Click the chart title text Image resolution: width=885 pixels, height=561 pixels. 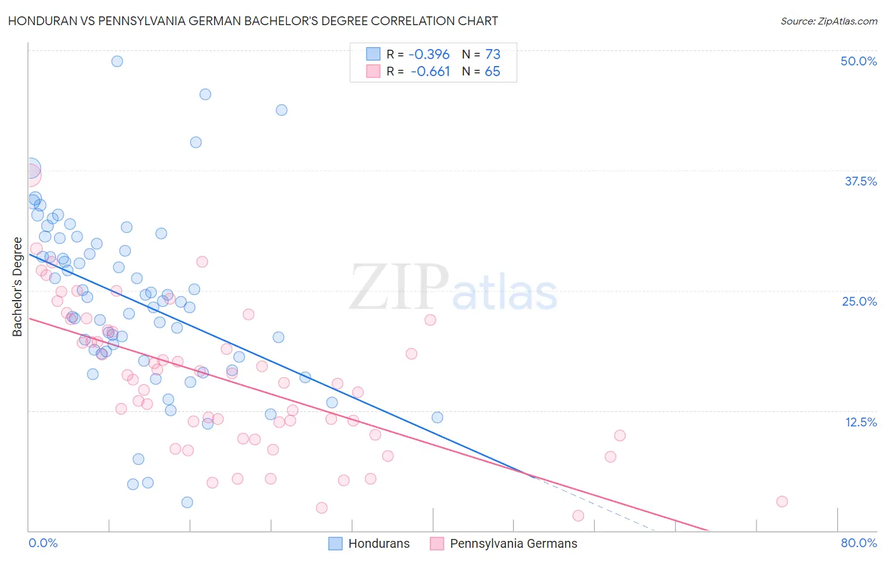[x=253, y=21]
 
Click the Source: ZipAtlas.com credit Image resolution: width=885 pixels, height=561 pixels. [x=828, y=21]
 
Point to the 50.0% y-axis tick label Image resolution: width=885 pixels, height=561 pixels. [x=858, y=61]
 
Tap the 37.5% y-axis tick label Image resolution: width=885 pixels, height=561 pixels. [x=860, y=181]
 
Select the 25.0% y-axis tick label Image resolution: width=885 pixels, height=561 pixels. [x=859, y=301]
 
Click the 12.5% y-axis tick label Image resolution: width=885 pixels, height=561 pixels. [x=860, y=421]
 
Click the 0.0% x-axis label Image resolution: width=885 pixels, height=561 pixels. [x=43, y=543]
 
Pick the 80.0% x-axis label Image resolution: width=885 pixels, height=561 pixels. [x=858, y=543]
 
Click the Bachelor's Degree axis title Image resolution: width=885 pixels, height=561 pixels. [x=18, y=287]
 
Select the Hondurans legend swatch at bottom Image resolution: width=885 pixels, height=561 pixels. [x=335, y=543]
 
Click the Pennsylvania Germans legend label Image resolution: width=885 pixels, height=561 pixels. [x=513, y=543]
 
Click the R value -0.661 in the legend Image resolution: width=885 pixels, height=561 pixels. [x=431, y=71]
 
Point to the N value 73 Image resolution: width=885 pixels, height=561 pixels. [x=492, y=54]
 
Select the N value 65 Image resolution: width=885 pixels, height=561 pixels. [x=492, y=71]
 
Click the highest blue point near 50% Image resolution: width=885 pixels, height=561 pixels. [x=117, y=61]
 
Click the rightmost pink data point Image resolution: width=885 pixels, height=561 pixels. [x=782, y=501]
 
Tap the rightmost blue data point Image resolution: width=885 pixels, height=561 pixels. [x=437, y=418]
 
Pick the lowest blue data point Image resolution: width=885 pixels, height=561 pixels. [x=187, y=502]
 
